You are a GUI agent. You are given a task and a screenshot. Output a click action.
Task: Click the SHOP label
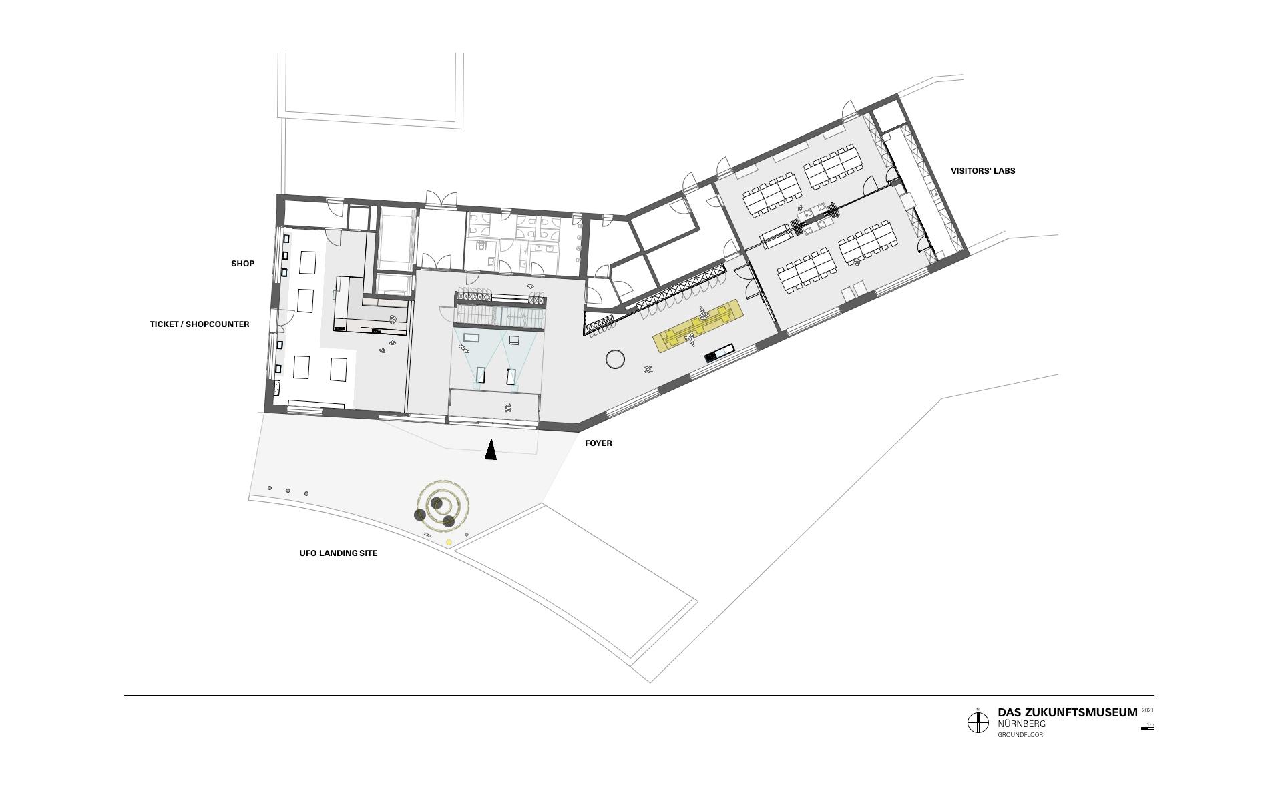pyautogui.click(x=243, y=264)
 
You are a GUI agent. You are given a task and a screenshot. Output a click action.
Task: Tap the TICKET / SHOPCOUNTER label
pyautogui.click(x=200, y=324)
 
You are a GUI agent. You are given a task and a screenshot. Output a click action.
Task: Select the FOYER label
pyautogui.click(x=598, y=443)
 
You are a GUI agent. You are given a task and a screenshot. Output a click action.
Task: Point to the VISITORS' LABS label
pyautogui.click(x=983, y=171)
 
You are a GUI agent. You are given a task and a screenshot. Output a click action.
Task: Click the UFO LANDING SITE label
pyautogui.click(x=338, y=553)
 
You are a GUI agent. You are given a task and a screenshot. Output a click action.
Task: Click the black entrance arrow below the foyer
pyautogui.click(x=491, y=450)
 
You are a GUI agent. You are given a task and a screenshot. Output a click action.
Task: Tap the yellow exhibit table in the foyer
pyautogui.click(x=698, y=326)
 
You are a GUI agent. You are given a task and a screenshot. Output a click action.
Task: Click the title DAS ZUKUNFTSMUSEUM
pyautogui.click(x=1067, y=713)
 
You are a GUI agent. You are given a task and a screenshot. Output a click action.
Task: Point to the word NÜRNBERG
pyautogui.click(x=1022, y=724)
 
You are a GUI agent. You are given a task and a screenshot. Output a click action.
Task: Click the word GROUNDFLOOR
pyautogui.click(x=1020, y=735)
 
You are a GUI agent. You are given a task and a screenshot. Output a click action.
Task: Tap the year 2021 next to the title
pyautogui.click(x=1148, y=710)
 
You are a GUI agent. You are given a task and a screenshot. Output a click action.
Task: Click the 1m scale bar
pyautogui.click(x=1148, y=728)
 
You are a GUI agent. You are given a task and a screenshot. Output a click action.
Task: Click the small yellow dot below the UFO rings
pyautogui.click(x=449, y=543)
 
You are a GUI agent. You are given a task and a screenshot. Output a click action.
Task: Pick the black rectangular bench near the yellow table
pyautogui.click(x=720, y=352)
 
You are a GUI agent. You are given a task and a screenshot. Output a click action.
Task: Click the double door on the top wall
pyautogui.click(x=441, y=198)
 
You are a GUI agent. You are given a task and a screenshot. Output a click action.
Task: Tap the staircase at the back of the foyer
pyautogui.click(x=501, y=314)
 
